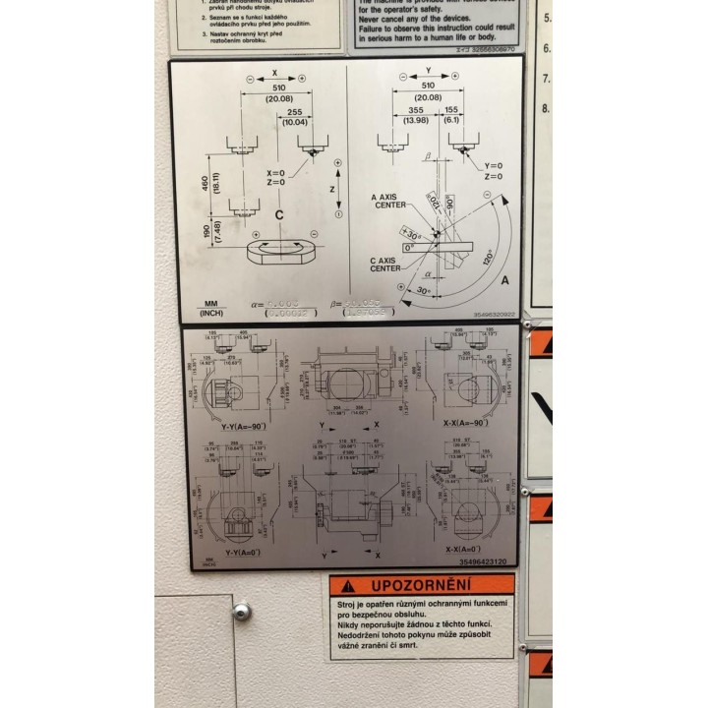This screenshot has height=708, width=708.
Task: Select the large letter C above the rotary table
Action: point(279,213)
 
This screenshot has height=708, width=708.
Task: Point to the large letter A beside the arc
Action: point(504,279)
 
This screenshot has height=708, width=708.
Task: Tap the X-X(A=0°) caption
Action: point(462,549)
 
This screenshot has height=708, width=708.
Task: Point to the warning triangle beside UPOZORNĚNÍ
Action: point(344,585)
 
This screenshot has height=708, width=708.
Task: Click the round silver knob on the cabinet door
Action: point(241,612)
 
